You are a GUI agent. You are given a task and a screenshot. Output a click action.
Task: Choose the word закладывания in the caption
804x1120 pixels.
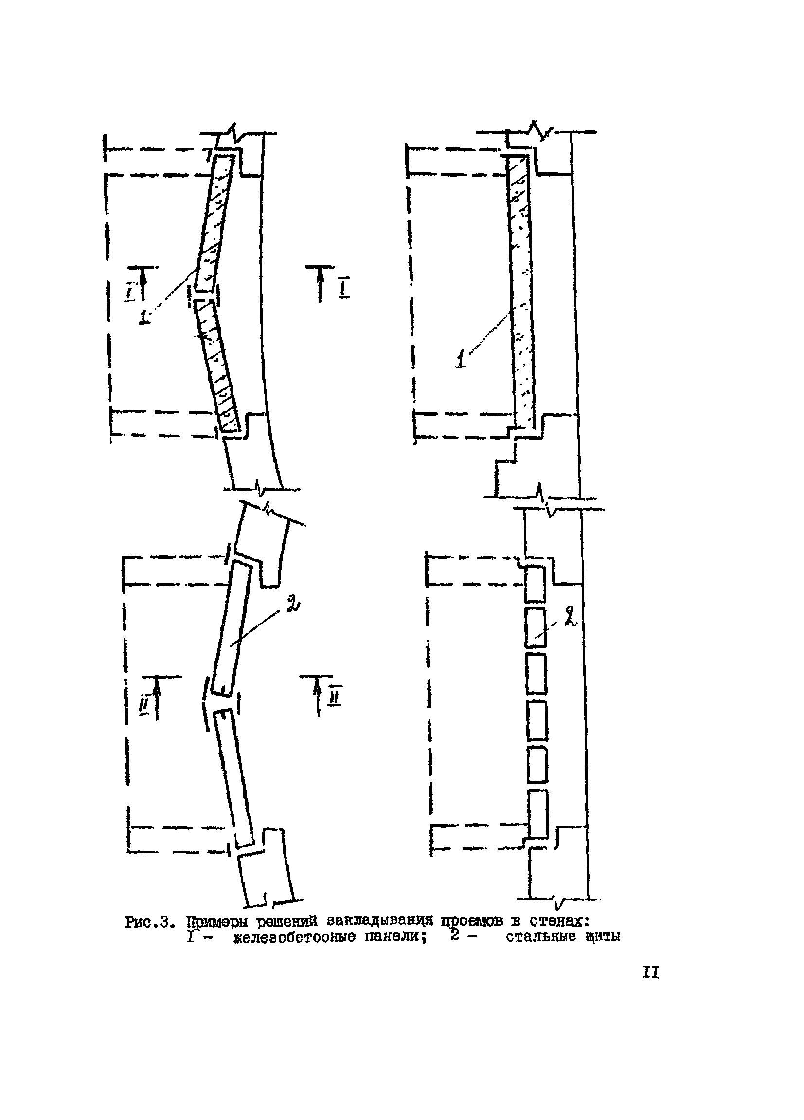click(379, 921)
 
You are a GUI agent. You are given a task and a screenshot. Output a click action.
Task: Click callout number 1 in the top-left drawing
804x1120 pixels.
click(144, 316)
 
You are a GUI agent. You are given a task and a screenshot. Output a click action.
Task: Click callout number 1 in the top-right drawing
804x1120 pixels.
click(461, 357)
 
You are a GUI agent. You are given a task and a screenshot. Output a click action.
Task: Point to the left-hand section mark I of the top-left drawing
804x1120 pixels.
click(129, 292)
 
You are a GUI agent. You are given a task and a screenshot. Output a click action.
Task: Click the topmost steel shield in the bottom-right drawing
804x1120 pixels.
click(535, 585)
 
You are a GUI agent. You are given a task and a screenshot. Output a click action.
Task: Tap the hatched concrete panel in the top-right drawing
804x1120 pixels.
click(521, 292)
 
